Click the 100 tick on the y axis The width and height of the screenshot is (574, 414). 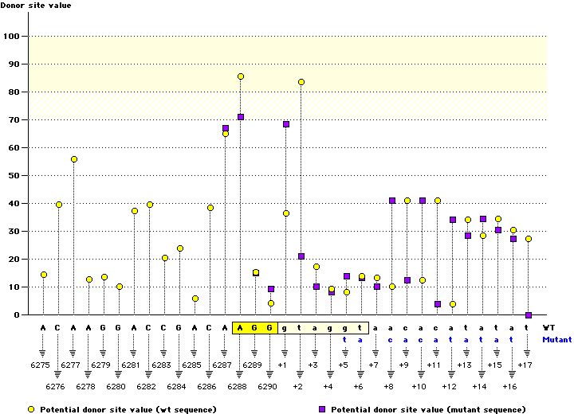[11, 36]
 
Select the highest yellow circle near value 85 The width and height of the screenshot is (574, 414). [241, 76]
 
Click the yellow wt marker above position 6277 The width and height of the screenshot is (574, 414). [74, 159]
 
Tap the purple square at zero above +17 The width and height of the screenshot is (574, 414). [528, 315]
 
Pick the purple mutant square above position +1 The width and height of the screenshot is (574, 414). [286, 124]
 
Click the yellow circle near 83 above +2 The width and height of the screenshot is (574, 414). [301, 82]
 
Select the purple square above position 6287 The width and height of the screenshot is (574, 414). [226, 128]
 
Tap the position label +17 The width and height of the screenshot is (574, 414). [525, 365]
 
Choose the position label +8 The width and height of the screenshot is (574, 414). [388, 385]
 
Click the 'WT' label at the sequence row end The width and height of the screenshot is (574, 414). [549, 327]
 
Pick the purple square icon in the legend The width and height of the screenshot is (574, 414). [323, 408]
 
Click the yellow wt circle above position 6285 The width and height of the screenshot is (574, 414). [195, 299]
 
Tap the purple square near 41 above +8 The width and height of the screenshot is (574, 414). [392, 201]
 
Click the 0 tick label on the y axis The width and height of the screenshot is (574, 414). [16, 314]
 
